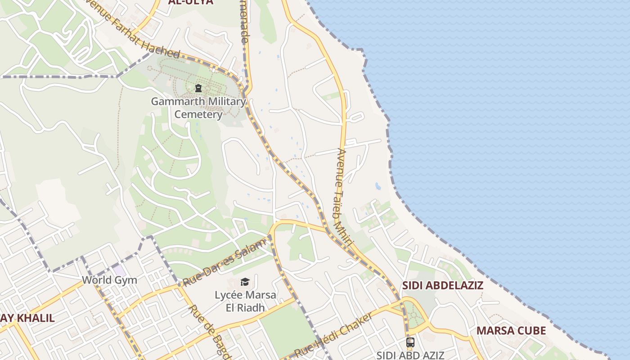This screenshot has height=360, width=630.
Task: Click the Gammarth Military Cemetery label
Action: (198, 108)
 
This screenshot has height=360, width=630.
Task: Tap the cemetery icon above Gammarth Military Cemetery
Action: (198, 88)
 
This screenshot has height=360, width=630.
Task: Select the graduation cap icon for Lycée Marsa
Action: (245, 282)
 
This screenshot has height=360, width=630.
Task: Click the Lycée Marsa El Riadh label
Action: (245, 301)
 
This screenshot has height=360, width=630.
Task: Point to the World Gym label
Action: (109, 280)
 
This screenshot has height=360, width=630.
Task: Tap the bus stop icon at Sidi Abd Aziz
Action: (410, 342)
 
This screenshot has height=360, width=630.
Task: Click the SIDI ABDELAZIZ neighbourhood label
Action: (442, 285)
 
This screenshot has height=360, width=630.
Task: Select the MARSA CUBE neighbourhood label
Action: (511, 331)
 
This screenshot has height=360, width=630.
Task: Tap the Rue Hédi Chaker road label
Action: (333, 335)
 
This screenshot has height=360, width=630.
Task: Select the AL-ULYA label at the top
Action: (190, 2)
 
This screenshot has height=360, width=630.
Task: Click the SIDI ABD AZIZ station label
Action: (410, 355)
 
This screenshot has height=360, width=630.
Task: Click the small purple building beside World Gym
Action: (119, 270)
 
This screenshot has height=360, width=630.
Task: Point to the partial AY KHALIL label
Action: (27, 318)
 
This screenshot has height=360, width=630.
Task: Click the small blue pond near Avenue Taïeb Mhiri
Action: (378, 186)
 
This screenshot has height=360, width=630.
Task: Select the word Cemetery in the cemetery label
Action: (198, 114)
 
